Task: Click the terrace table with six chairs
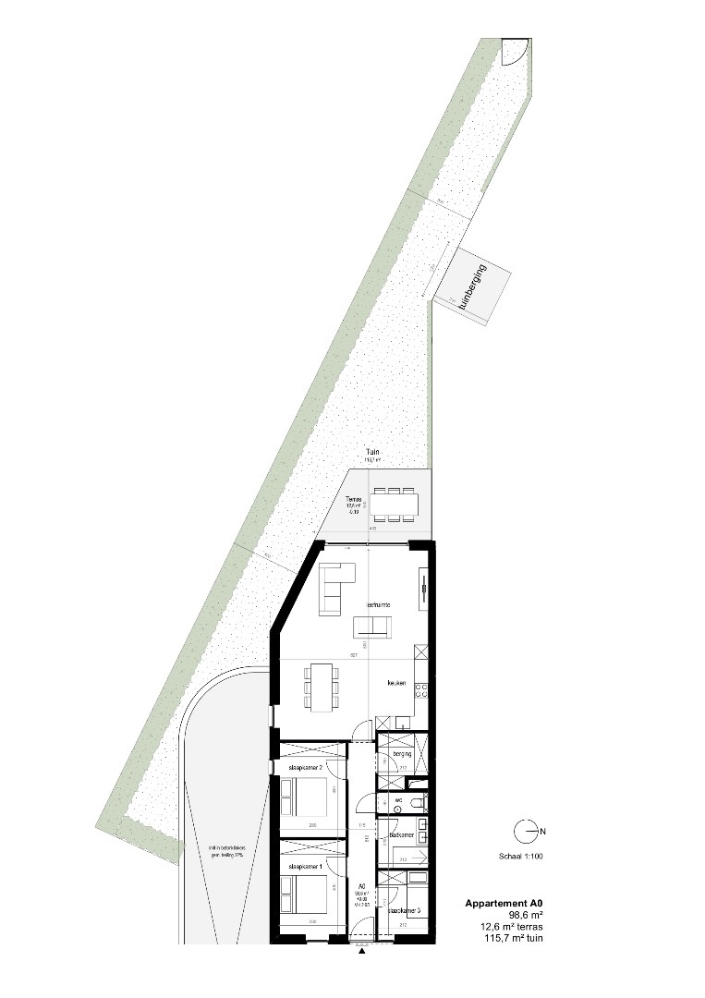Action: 395,504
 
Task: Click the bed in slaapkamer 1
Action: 305,895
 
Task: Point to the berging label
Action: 400,755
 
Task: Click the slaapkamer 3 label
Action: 405,910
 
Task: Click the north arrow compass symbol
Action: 529,832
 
